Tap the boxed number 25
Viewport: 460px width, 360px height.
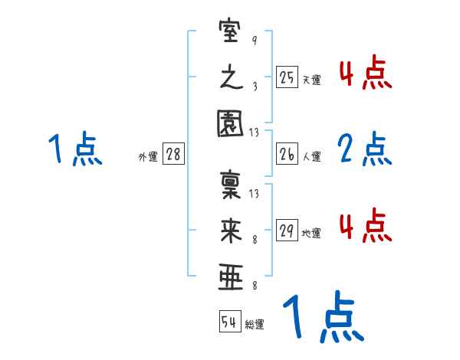coord(287,77)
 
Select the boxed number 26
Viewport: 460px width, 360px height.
coord(287,155)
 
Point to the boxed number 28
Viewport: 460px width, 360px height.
coord(173,155)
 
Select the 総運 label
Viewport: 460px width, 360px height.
coord(255,324)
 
